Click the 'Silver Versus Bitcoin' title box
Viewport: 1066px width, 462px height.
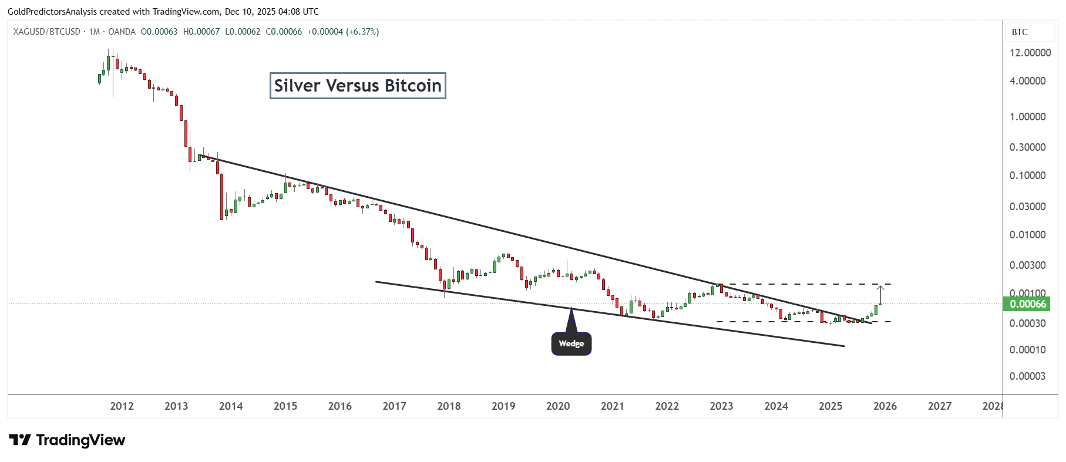coord(358,86)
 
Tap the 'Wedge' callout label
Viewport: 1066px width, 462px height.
coord(571,343)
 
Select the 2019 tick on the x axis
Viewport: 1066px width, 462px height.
coord(503,406)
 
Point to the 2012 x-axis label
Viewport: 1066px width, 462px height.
coord(122,406)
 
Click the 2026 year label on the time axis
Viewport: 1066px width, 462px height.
coord(885,406)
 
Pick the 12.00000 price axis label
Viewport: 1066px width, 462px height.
coord(1030,52)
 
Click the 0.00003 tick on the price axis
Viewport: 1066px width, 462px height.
coord(1027,376)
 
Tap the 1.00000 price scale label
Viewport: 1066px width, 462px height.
coord(1027,116)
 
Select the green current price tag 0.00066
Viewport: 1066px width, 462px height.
coord(1027,303)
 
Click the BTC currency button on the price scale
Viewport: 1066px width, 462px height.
coord(1020,32)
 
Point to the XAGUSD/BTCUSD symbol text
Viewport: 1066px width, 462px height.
coord(47,32)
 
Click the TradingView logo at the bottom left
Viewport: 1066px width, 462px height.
coord(67,440)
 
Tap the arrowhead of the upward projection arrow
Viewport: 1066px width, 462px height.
coord(880,287)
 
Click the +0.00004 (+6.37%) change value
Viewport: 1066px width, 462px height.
coord(343,32)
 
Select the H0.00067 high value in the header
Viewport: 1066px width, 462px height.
coord(201,32)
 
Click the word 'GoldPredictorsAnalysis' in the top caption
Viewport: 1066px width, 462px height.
coord(52,11)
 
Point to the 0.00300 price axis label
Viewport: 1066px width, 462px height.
coord(1027,265)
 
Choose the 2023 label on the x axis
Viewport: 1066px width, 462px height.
coord(721,406)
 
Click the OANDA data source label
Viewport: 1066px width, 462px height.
coord(122,32)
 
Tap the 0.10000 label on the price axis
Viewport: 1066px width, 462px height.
coord(1027,175)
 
